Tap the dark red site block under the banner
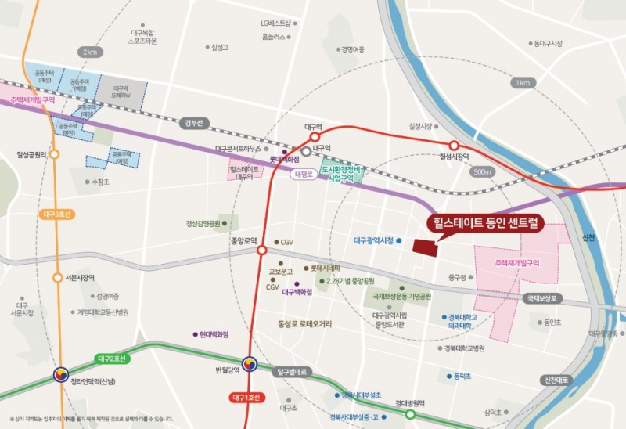pyautogui.click(x=425, y=247)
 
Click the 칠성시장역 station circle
pyautogui.click(x=454, y=146)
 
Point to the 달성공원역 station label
pyautogui.click(x=27, y=155)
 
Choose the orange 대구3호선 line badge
pyautogui.click(x=56, y=214)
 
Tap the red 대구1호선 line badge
pyautogui.click(x=250, y=398)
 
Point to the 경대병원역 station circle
pyautogui.click(x=410, y=415)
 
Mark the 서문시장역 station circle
pyautogui.click(x=56, y=278)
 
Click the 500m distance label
pyautogui.click(x=483, y=171)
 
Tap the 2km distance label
pyautogui.click(x=89, y=52)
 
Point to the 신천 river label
pyautogui.click(x=589, y=237)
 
